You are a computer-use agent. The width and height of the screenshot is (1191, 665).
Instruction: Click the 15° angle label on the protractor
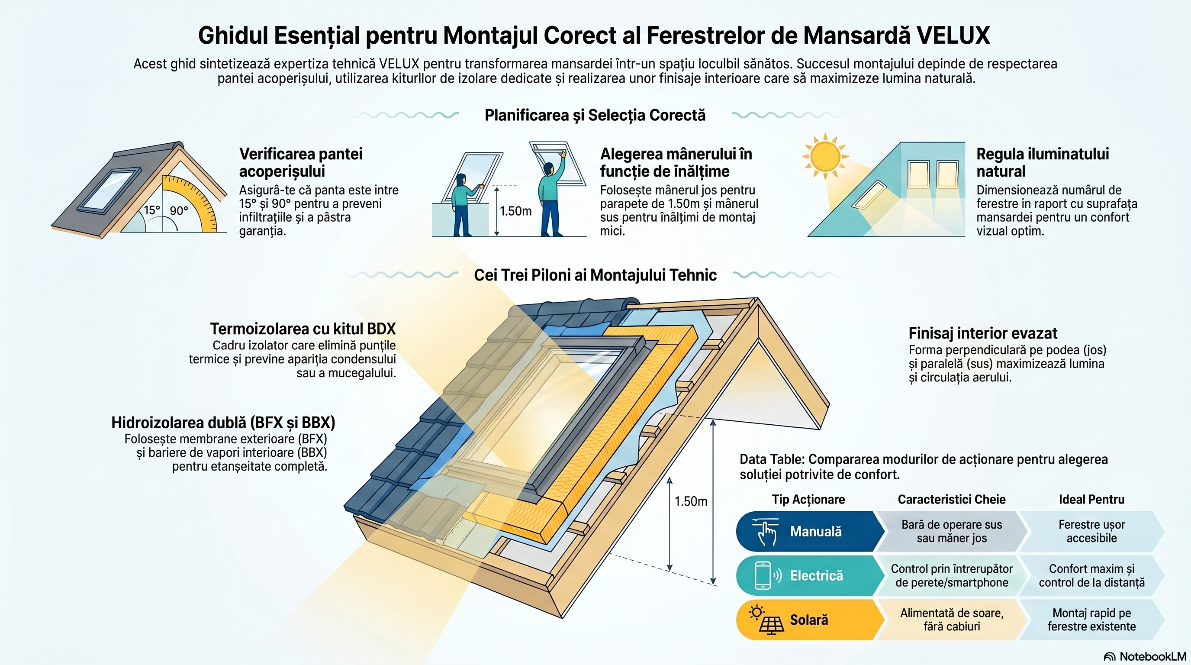pyautogui.click(x=151, y=210)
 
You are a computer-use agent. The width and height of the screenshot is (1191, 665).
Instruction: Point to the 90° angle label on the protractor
pyautogui.click(x=178, y=211)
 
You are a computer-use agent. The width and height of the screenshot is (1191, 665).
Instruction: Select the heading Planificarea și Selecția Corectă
pyautogui.click(x=595, y=115)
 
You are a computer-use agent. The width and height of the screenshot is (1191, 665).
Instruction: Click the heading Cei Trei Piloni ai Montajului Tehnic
pyautogui.click(x=595, y=275)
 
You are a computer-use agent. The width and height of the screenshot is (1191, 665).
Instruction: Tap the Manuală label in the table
pyautogui.click(x=816, y=531)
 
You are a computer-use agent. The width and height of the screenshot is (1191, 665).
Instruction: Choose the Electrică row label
pyautogui.click(x=817, y=576)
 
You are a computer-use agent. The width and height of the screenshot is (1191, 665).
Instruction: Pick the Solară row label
pyautogui.click(x=808, y=620)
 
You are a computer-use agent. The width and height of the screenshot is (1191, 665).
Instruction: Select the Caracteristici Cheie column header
pyautogui.click(x=952, y=500)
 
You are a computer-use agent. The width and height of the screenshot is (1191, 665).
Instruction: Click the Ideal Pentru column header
pyautogui.click(x=1091, y=500)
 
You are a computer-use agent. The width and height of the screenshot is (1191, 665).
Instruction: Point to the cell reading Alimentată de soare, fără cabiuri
pyautogui.click(x=952, y=620)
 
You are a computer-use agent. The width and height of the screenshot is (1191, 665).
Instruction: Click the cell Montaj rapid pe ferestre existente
pyautogui.click(x=1091, y=620)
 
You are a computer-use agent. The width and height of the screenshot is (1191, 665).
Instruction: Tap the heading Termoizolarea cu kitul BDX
pyautogui.click(x=303, y=329)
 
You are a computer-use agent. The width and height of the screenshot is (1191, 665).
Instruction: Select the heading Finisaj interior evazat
pyautogui.click(x=983, y=333)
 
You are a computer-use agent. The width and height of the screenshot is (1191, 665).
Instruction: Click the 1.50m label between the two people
pyautogui.click(x=515, y=211)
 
